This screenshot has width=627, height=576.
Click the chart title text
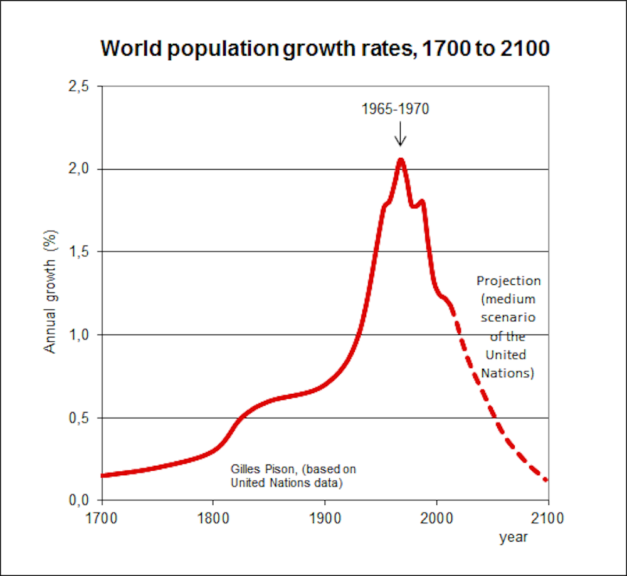(x=325, y=49)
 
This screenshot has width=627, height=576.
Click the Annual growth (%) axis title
(x=51, y=291)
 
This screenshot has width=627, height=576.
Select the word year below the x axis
(x=514, y=537)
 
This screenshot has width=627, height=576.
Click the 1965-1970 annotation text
(x=395, y=109)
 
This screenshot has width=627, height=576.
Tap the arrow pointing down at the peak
(x=401, y=134)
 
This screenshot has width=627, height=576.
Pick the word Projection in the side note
(x=508, y=280)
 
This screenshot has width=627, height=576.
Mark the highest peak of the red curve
(x=401, y=160)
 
